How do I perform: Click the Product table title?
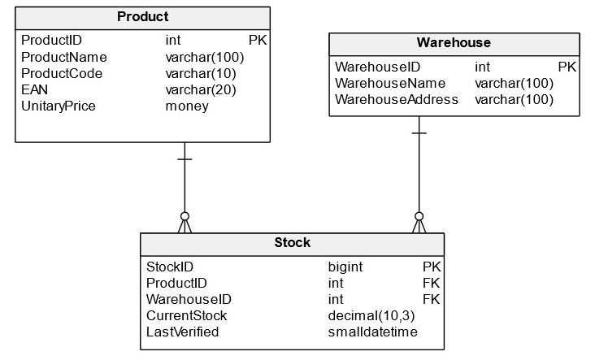(142, 17)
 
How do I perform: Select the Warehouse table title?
(454, 43)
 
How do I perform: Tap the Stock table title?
(292, 243)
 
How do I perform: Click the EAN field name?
(34, 89)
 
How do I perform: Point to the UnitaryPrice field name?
(59, 106)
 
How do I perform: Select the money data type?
(187, 106)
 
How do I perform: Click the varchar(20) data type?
(201, 89)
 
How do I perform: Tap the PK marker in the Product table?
(257, 40)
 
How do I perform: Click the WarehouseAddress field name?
(397, 100)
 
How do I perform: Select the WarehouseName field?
(390, 84)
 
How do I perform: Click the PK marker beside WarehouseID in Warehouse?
(567, 67)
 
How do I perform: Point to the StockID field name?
(169, 267)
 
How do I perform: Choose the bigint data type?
(345, 267)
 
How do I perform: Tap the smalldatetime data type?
(373, 332)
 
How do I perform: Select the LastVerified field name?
(183, 332)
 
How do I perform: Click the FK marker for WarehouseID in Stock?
(431, 299)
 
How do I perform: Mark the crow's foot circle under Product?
(185, 216)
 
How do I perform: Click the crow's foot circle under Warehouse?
(419, 216)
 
